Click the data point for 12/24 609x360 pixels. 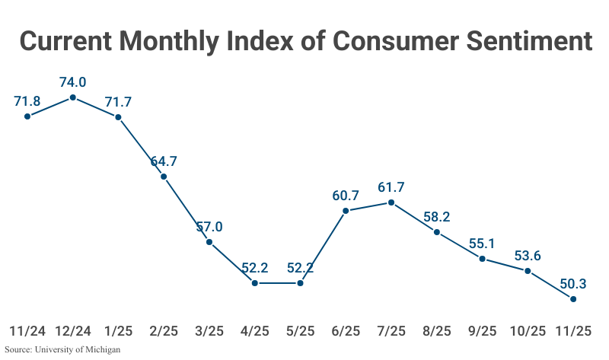[x=72, y=97]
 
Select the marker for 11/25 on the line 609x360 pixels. [x=573, y=299]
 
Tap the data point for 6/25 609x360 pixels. [x=346, y=211]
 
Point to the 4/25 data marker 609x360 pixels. [x=255, y=283]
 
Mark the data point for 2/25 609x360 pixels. [x=164, y=177]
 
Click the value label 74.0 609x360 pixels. [x=72, y=81]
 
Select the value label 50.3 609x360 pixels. [x=573, y=283]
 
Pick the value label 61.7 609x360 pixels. [x=391, y=186]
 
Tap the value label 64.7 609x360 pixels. [x=164, y=161]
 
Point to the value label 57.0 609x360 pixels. [x=209, y=226]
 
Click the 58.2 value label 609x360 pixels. [x=437, y=216]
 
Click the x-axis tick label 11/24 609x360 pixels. [x=27, y=331]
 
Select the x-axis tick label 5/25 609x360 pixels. [x=300, y=331]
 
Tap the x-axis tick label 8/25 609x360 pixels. [x=437, y=331]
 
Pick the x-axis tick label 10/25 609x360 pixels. [x=528, y=331]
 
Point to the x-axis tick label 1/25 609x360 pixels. [x=118, y=331]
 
